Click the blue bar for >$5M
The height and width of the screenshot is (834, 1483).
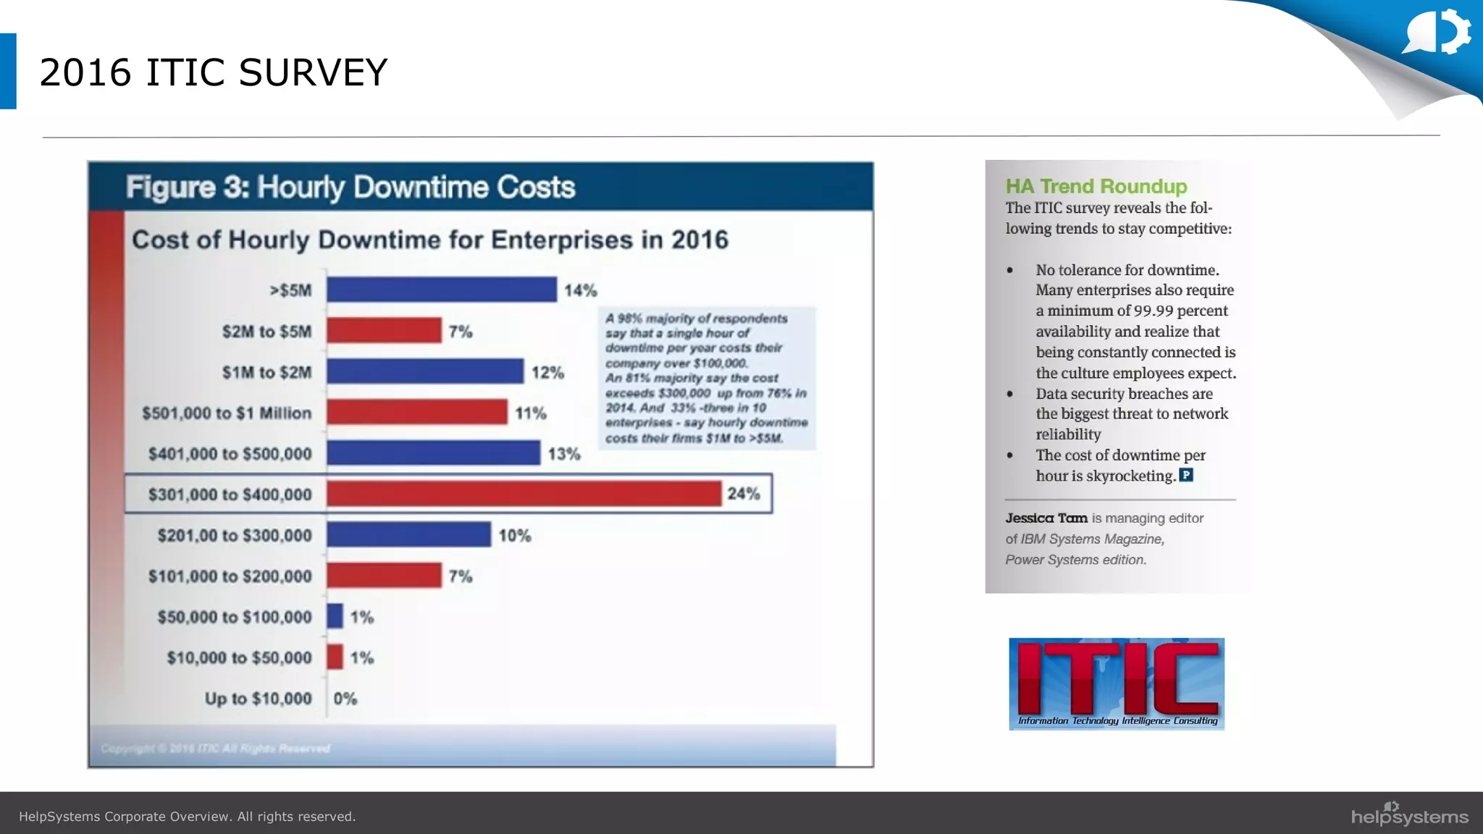(441, 290)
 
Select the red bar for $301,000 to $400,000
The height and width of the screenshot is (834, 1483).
(524, 494)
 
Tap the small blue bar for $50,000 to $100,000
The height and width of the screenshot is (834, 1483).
(335, 616)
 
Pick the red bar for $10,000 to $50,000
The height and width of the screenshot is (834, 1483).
(335, 657)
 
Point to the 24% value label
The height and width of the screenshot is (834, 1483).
(744, 494)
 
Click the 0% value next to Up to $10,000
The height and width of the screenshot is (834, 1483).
(345, 699)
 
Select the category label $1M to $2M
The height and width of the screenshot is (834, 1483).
(266, 372)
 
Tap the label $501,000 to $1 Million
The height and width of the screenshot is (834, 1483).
(227, 413)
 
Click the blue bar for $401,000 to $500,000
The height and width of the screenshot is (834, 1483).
(433, 453)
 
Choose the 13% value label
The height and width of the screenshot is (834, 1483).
(564, 454)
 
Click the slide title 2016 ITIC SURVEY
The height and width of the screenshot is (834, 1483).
(214, 72)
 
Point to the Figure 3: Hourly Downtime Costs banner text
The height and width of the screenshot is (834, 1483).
(350, 188)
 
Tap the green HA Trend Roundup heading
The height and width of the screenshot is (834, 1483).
(1096, 186)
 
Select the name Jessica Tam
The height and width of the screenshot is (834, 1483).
(1046, 518)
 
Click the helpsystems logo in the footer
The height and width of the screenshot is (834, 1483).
(1409, 814)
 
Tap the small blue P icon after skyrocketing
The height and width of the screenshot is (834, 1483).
(1186, 475)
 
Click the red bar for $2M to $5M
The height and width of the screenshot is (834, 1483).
(384, 331)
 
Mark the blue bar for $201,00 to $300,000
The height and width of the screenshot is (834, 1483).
(408, 535)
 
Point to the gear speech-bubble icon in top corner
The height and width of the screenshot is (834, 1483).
(1438, 32)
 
